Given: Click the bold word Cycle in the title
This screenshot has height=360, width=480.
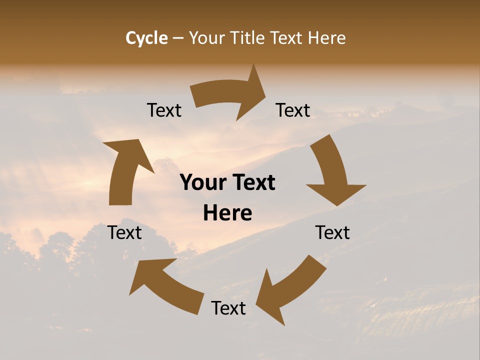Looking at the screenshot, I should click(146, 38).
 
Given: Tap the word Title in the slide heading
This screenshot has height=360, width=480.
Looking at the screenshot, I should click(248, 38).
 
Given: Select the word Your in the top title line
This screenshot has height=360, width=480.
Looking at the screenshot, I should click(206, 38).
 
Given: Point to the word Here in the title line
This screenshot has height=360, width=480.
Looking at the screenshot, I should click(326, 38).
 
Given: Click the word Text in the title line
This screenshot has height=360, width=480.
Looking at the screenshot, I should click(286, 38).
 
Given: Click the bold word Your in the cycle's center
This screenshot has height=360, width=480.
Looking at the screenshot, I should click(203, 182).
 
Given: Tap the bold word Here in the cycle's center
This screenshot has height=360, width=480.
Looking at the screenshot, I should click(227, 213).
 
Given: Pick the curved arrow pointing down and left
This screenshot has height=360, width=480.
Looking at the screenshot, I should click(290, 290).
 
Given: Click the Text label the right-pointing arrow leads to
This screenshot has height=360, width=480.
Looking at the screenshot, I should click(293, 110).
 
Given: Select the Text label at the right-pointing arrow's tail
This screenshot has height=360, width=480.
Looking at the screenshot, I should click(164, 110).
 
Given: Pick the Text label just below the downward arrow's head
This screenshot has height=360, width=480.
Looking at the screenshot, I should click(332, 232).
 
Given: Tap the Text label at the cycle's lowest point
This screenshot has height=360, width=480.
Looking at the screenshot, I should click(228, 308).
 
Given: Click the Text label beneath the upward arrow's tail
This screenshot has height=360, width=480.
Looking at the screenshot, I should click(124, 232).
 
